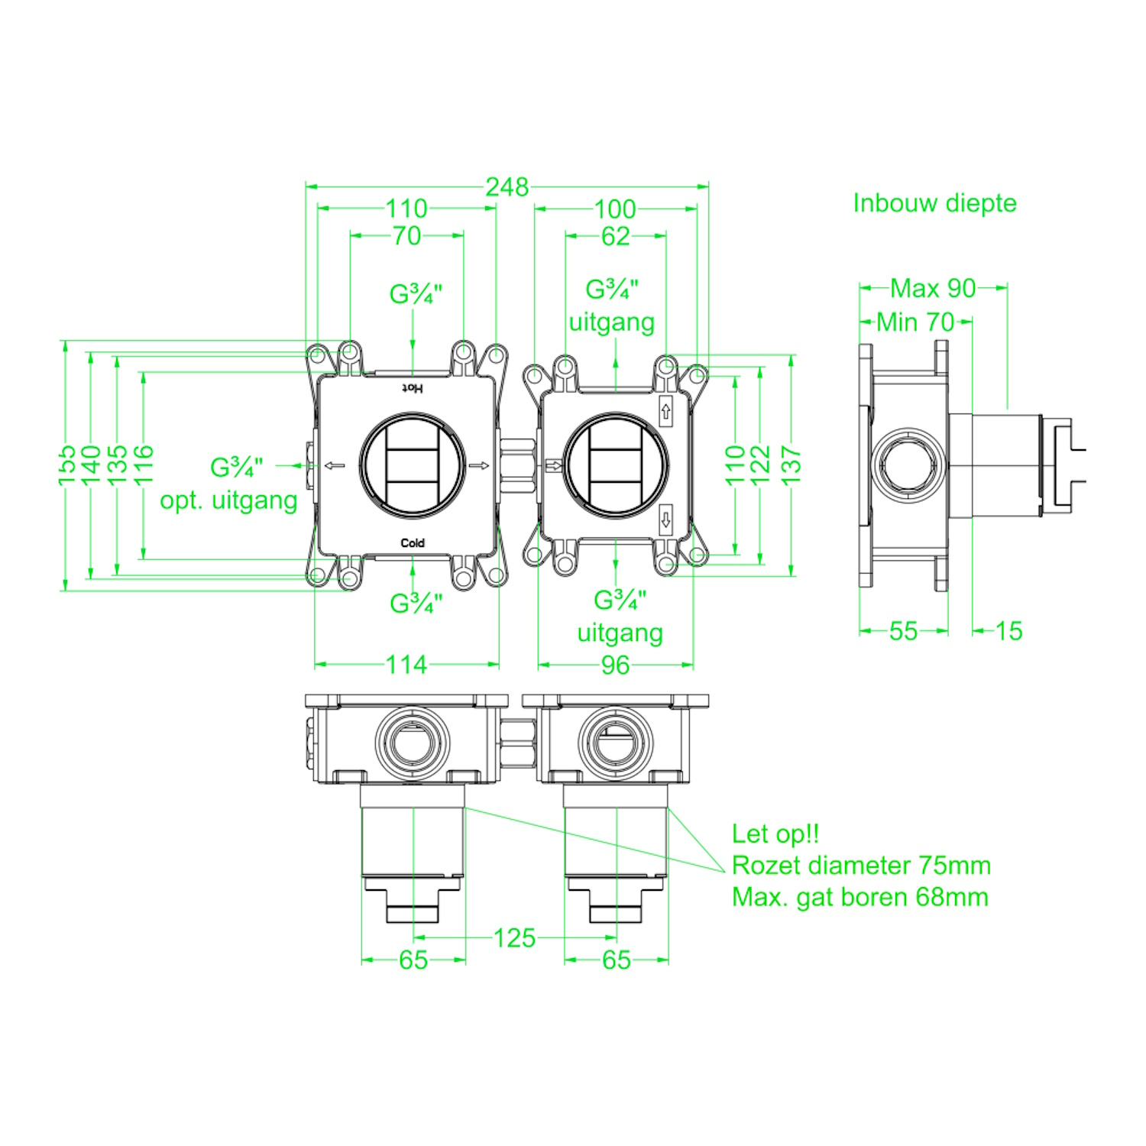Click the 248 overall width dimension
pyautogui.click(x=507, y=187)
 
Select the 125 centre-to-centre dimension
pyautogui.click(x=514, y=938)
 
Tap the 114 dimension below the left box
pyautogui.click(x=406, y=665)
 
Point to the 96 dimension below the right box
pyautogui.click(x=615, y=665)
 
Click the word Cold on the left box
pyautogui.click(x=413, y=543)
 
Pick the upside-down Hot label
pyautogui.click(x=413, y=388)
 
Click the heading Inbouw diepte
pyautogui.click(x=934, y=203)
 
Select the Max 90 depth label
pyautogui.click(x=933, y=288)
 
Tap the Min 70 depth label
pyautogui.click(x=915, y=322)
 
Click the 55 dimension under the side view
pyautogui.click(x=903, y=631)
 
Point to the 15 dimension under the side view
pyautogui.click(x=1008, y=631)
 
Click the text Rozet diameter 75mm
pyautogui.click(x=861, y=866)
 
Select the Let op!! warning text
pyautogui.click(x=775, y=834)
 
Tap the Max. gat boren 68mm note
pyautogui.click(x=860, y=897)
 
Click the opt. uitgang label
pyautogui.click(x=228, y=501)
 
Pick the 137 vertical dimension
pyautogui.click(x=792, y=465)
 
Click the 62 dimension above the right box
pyautogui.click(x=615, y=237)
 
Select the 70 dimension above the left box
pyautogui.click(x=406, y=236)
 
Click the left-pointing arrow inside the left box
pyautogui.click(x=335, y=465)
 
